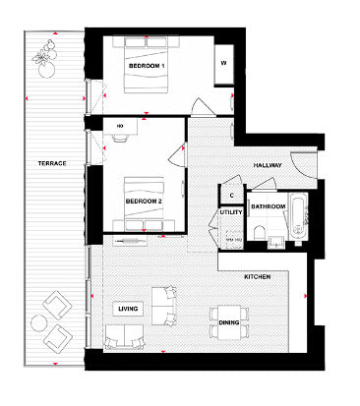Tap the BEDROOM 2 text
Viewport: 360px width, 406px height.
click(x=144, y=201)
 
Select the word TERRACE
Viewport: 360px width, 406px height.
click(x=52, y=162)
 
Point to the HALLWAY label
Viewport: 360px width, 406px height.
click(x=267, y=164)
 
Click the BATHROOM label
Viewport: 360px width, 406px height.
click(x=268, y=207)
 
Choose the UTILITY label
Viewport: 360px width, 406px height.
click(x=231, y=212)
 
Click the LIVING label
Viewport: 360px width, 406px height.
click(x=128, y=309)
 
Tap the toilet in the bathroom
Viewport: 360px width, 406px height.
click(x=258, y=232)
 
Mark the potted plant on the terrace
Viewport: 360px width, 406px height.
click(x=45, y=61)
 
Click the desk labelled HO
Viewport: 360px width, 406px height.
click(x=120, y=127)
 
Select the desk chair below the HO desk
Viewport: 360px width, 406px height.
click(x=120, y=139)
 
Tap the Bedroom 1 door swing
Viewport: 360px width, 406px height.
click(x=199, y=106)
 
